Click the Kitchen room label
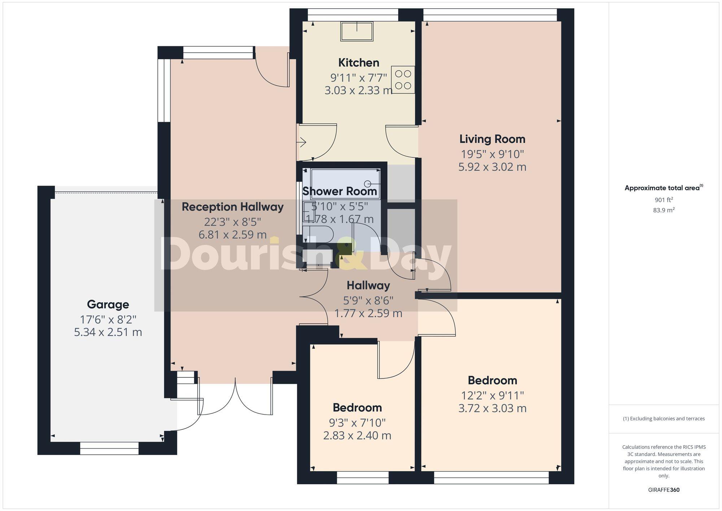[x=358, y=63]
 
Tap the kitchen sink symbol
[x=357, y=31]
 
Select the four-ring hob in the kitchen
[x=403, y=80]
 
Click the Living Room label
[x=492, y=139]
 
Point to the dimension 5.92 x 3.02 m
[x=492, y=167]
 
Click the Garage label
[x=108, y=304]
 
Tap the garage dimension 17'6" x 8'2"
[x=108, y=319]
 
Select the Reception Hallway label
[x=232, y=207]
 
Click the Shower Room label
[x=339, y=191]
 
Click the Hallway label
[x=368, y=286]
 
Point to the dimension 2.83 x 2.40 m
[x=357, y=436]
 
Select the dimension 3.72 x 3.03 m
[x=492, y=408]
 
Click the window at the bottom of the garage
[x=109, y=448]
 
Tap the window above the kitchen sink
[x=353, y=15]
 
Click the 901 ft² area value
[x=664, y=200]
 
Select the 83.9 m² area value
[x=664, y=210]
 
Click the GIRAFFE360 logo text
[x=664, y=490]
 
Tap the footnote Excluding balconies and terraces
[x=664, y=419]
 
